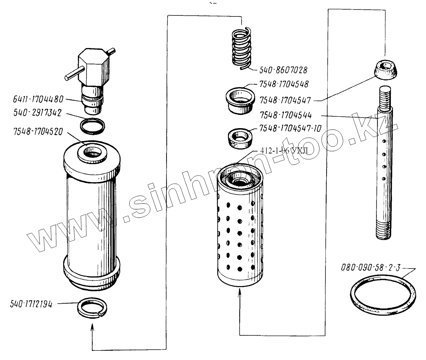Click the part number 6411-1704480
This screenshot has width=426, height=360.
38,99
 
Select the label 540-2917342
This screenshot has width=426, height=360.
38,113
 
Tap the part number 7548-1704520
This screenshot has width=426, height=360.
38,132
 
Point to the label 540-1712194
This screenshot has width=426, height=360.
31,304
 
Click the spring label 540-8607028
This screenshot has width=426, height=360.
284,70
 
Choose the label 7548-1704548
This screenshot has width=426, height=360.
284,84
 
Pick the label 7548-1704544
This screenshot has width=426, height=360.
286,115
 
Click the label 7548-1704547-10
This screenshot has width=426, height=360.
290,128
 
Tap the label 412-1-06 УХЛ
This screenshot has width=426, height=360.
284,150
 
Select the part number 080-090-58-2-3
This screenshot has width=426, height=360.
371,268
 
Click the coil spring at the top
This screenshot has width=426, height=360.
242,48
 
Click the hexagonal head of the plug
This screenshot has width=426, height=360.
94,66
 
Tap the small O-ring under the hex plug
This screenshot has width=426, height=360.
93,126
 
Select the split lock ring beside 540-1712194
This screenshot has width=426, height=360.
92,308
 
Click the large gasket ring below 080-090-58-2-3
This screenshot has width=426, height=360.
383,295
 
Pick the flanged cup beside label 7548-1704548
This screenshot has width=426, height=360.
240,100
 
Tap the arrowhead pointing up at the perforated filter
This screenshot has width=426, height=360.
240,293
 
